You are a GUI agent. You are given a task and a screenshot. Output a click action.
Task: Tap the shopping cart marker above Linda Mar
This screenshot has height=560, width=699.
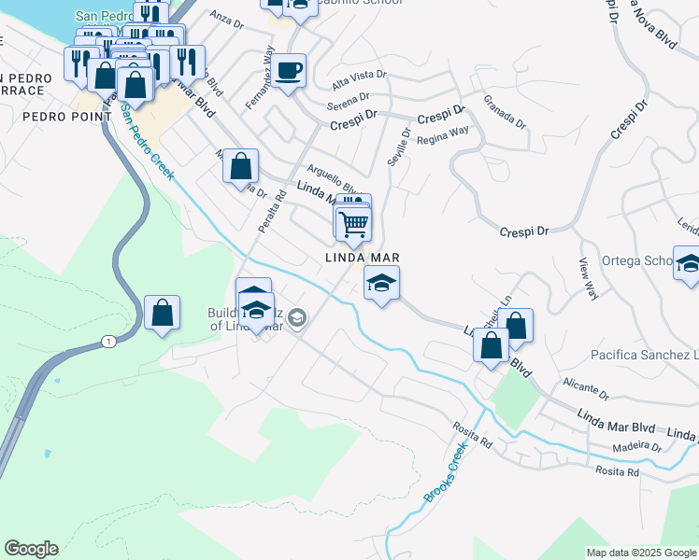coord(354,223)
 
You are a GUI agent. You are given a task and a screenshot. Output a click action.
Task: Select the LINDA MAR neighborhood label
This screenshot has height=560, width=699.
coord(363,257)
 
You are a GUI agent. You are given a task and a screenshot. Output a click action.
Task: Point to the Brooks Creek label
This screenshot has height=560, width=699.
coord(446,472)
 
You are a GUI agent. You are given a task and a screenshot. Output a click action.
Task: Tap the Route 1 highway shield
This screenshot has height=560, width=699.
coord(109,343)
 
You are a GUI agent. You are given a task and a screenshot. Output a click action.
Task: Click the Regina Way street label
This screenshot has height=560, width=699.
coord(442,133)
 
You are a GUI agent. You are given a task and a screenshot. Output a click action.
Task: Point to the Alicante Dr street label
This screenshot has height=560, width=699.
coord(586,384)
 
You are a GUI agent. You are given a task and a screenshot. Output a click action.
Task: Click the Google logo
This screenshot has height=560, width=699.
coord(31,549)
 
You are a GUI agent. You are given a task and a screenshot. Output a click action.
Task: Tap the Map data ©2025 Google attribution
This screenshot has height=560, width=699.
coord(640,553)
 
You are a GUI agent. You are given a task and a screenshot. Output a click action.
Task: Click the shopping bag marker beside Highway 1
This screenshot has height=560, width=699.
coord(162,314)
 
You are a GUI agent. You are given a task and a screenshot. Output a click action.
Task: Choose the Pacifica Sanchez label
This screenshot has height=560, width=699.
coord(644,355)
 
